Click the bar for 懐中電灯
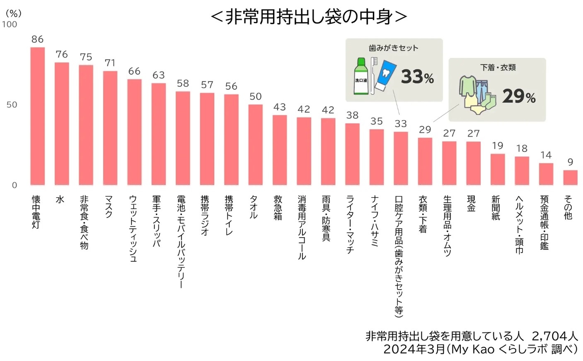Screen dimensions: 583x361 (x=37, y=116)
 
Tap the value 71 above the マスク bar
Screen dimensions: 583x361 (x=110, y=63)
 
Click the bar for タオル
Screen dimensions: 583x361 (x=255, y=144)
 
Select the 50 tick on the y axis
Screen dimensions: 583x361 (x=12, y=104)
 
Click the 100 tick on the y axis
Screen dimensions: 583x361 (x=10, y=24)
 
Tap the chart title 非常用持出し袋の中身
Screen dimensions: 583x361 (x=309, y=17)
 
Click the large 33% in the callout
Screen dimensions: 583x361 (x=417, y=77)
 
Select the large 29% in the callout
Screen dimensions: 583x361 (x=518, y=96)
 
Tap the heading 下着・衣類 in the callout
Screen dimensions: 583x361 (x=498, y=67)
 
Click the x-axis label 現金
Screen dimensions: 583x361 (x=472, y=204)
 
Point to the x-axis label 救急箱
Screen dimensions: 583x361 (x=278, y=207)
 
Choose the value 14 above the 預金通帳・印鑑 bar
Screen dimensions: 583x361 (x=546, y=155)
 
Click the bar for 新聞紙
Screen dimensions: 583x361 (x=497, y=169)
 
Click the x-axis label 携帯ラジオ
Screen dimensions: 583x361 (x=205, y=215)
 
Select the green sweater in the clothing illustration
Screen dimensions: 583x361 (x=467, y=85)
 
